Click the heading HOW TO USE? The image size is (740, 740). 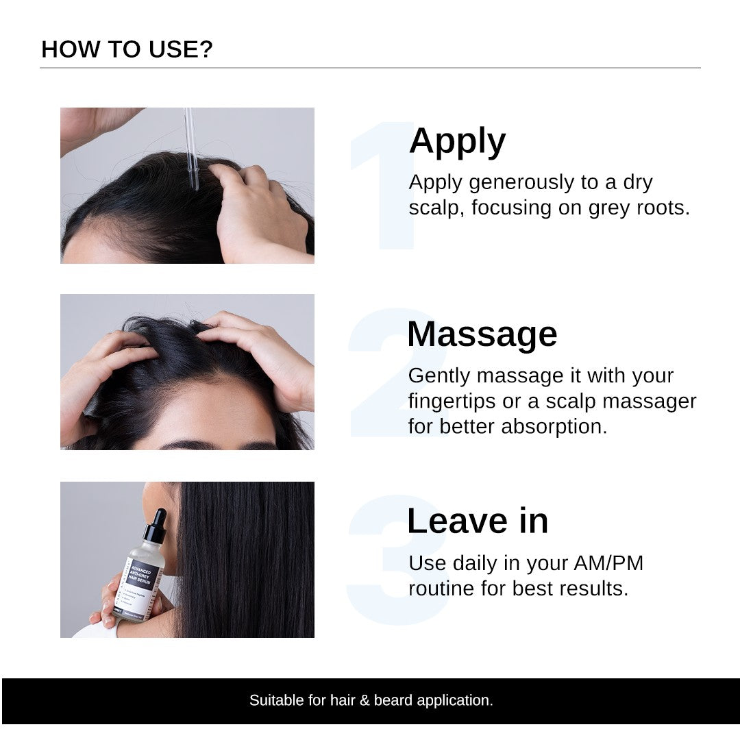tap(127, 49)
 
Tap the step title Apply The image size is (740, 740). tap(457, 141)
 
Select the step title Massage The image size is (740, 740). tap(482, 334)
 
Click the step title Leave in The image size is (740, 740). tap(478, 521)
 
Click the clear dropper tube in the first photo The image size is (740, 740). tap(191, 151)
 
